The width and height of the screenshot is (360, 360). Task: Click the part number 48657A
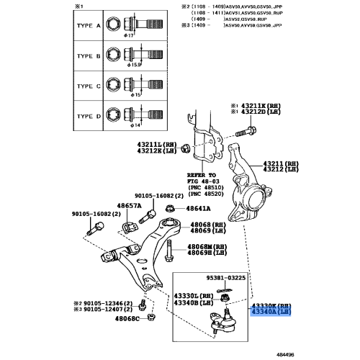[x=129, y=206]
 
